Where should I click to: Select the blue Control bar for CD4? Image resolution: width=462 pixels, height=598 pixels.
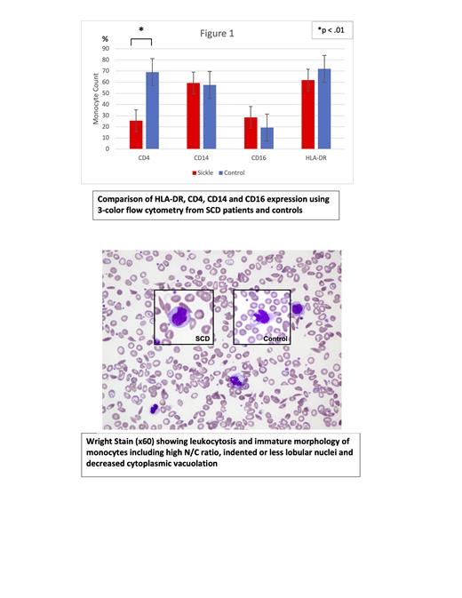[152, 111]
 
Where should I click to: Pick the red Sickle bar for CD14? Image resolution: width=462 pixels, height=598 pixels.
[193, 116]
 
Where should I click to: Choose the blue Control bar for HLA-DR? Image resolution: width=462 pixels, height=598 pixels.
[323, 109]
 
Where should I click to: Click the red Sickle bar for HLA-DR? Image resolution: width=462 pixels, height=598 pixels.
[307, 115]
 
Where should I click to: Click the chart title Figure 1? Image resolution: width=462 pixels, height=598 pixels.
[215, 34]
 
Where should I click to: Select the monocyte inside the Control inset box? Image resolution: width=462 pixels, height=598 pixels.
[263, 316]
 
